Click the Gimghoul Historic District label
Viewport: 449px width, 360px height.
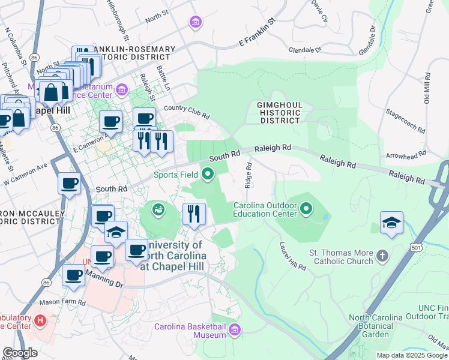(279, 112)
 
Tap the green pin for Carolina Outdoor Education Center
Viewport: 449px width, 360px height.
(306, 209)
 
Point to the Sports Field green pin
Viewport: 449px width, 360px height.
(208, 175)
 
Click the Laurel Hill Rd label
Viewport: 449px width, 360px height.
(293, 257)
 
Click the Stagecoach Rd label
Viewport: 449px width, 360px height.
(405, 121)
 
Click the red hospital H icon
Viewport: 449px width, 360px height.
(40, 321)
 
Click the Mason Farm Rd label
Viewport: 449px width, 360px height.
(60, 302)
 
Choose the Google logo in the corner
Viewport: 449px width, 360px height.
(20, 353)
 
